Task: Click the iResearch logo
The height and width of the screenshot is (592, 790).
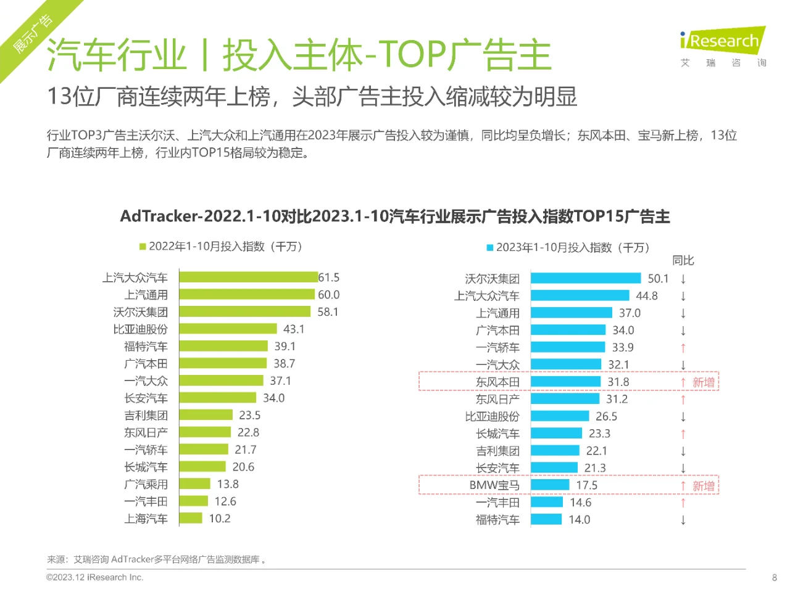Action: point(723,42)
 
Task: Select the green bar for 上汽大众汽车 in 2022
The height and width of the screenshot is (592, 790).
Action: point(248,277)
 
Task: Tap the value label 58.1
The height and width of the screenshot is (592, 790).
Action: point(328,312)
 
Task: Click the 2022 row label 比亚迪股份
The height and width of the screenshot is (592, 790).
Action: point(140,329)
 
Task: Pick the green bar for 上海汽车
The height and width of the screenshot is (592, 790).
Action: point(191,518)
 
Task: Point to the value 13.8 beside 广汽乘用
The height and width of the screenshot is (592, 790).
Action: point(228,484)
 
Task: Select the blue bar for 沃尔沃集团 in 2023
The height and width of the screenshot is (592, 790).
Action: point(585,279)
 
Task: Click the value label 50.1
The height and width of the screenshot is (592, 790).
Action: point(658,279)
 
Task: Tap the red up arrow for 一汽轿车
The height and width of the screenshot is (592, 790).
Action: point(683,348)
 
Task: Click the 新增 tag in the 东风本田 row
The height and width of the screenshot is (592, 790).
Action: point(703,382)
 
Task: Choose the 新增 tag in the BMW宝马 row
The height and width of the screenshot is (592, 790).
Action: point(703,486)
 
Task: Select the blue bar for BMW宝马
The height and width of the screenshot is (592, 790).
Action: point(549,485)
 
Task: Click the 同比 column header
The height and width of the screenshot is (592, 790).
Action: point(683,261)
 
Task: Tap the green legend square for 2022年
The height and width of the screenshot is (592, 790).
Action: point(143,247)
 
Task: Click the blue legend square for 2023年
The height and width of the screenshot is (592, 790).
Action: point(490,248)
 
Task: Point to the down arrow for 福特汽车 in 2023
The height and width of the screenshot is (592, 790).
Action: point(683,520)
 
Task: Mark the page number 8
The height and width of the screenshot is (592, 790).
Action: point(774,578)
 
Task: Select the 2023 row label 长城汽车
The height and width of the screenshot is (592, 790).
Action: point(497,434)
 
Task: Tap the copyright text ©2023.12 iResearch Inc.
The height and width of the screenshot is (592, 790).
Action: point(94,578)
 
